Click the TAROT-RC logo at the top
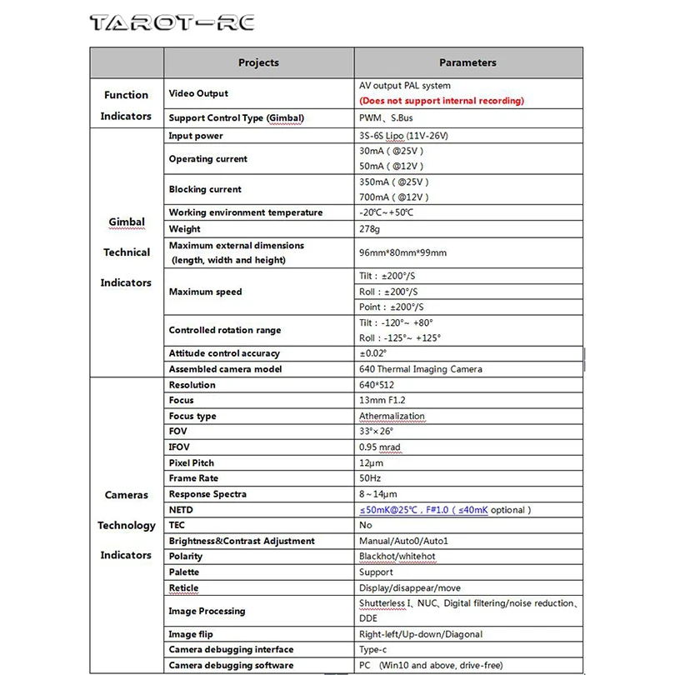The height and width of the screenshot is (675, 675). pos(171,22)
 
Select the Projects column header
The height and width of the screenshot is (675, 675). pos(258,62)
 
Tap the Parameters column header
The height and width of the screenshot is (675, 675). pos(467,62)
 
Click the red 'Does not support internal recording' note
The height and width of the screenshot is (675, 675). pos(442,101)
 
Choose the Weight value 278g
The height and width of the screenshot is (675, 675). pos(371,229)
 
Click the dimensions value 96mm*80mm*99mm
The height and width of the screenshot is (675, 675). pos(402,252)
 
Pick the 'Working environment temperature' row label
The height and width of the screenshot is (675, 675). pos(245,212)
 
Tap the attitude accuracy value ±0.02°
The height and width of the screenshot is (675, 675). pos(372,353)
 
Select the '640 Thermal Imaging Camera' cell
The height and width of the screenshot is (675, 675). pos(420,369)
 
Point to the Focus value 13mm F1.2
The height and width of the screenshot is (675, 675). pos(382,401)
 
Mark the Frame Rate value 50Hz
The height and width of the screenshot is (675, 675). pos(371,478)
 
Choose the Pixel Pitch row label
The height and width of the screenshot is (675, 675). pos(191,463)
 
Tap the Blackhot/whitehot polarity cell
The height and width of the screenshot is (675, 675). pos(397,557)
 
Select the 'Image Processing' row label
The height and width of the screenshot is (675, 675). pos(207,611)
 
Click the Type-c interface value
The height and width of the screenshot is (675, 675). pos(372,650)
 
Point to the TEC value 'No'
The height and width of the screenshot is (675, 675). pos(365,526)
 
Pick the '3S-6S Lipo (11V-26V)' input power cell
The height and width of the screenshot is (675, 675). pos(408,136)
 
